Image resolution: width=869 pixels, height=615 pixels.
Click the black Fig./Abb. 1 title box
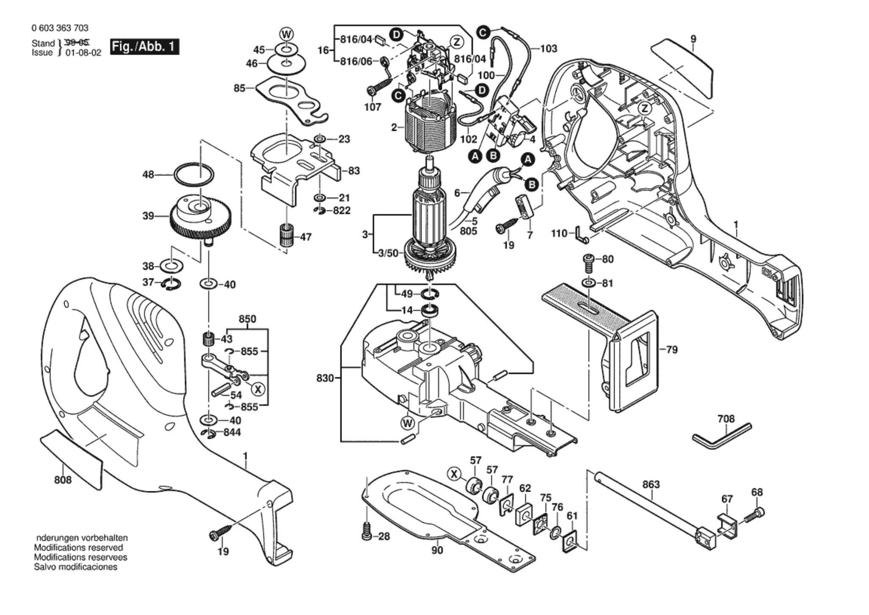[x=144, y=47]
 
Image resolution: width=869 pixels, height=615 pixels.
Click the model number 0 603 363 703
[x=60, y=28]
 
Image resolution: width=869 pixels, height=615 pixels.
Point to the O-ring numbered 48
[x=193, y=175]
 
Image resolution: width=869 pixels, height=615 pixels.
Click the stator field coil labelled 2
[x=430, y=126]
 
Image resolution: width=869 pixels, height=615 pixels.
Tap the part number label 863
[x=651, y=484]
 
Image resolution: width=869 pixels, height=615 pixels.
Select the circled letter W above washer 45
[x=287, y=35]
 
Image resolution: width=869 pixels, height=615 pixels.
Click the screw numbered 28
[x=367, y=532]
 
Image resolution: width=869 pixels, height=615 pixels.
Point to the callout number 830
[x=325, y=378]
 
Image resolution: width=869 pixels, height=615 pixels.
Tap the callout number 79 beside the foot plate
[x=672, y=350]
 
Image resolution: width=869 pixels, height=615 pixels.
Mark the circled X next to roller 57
[x=454, y=475]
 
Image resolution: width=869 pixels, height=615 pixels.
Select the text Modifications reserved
[x=78, y=548]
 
